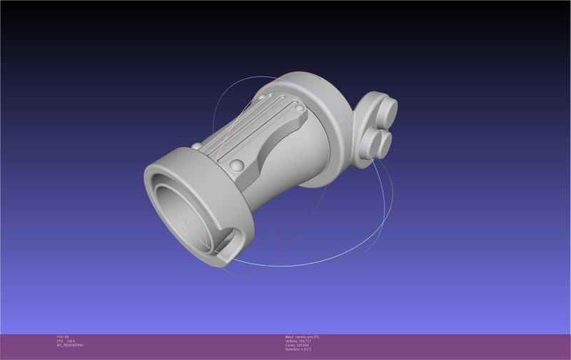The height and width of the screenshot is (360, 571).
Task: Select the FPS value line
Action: (66, 341)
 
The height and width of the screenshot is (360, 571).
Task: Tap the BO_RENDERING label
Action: (70, 345)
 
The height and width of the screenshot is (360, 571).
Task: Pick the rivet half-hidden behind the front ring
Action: (196, 146)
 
